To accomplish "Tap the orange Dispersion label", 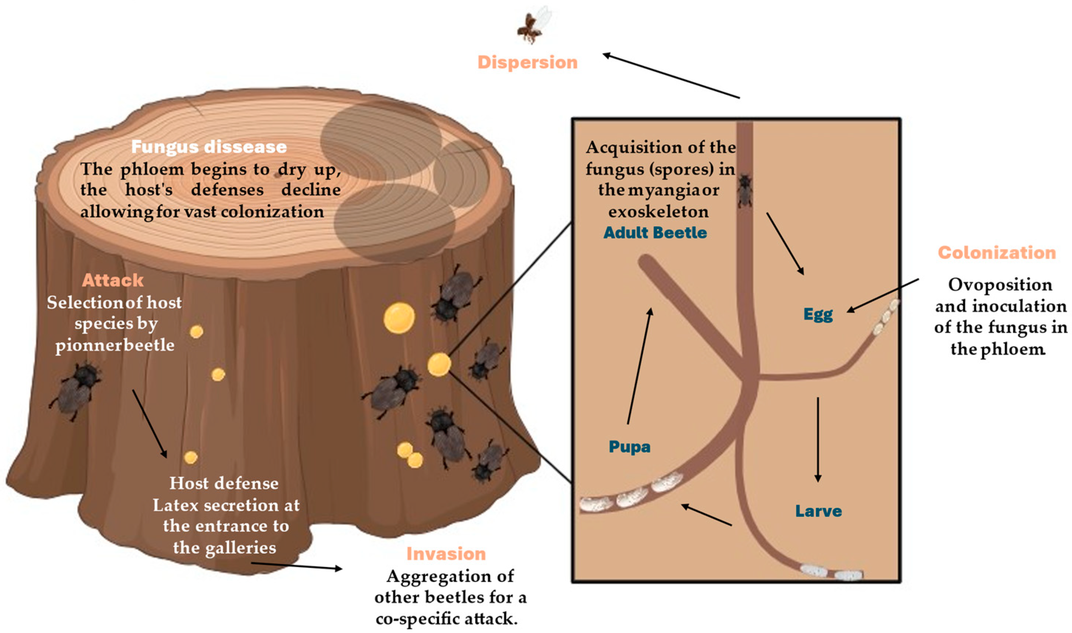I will point(528,62).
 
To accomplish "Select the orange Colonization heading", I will point(997,252).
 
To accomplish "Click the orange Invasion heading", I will point(446,554).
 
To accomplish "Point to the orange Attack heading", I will point(113,280).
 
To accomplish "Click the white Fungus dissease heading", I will point(209,147).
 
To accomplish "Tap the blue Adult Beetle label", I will point(655,232).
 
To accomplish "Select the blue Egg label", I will point(818,314).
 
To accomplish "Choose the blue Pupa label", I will point(629,447).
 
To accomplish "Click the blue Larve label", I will point(818,511).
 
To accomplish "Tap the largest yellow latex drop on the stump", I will point(399,318).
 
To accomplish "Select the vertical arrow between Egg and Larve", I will point(817,439).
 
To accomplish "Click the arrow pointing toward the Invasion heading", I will point(297,566).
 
